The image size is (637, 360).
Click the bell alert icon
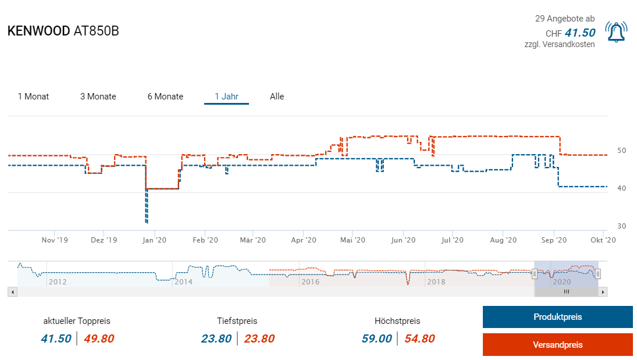pyautogui.click(x=616, y=32)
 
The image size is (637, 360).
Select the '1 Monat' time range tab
pyautogui.click(x=33, y=97)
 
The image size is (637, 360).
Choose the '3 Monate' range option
pyautogui.click(x=98, y=97)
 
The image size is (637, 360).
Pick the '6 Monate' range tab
pyautogui.click(x=165, y=97)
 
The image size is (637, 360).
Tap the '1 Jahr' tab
pyautogui.click(x=226, y=97)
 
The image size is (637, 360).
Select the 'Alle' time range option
pyautogui.click(x=277, y=97)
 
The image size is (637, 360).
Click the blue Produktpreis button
pyautogui.click(x=557, y=317)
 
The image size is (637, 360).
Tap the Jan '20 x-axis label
pyautogui.click(x=154, y=240)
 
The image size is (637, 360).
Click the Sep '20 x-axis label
pyautogui.click(x=554, y=240)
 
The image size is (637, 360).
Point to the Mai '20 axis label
pyautogui.click(x=353, y=240)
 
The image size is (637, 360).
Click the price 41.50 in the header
pyautogui.click(x=580, y=33)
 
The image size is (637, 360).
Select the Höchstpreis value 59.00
pyautogui.click(x=376, y=338)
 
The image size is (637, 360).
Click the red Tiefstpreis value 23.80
pyautogui.click(x=259, y=338)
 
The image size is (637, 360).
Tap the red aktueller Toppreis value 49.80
pyautogui.click(x=98, y=338)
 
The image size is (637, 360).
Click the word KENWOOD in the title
pyautogui.click(x=38, y=31)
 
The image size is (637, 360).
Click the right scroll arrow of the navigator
pyautogui.click(x=603, y=292)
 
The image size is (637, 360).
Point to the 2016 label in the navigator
pyautogui.click(x=309, y=282)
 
